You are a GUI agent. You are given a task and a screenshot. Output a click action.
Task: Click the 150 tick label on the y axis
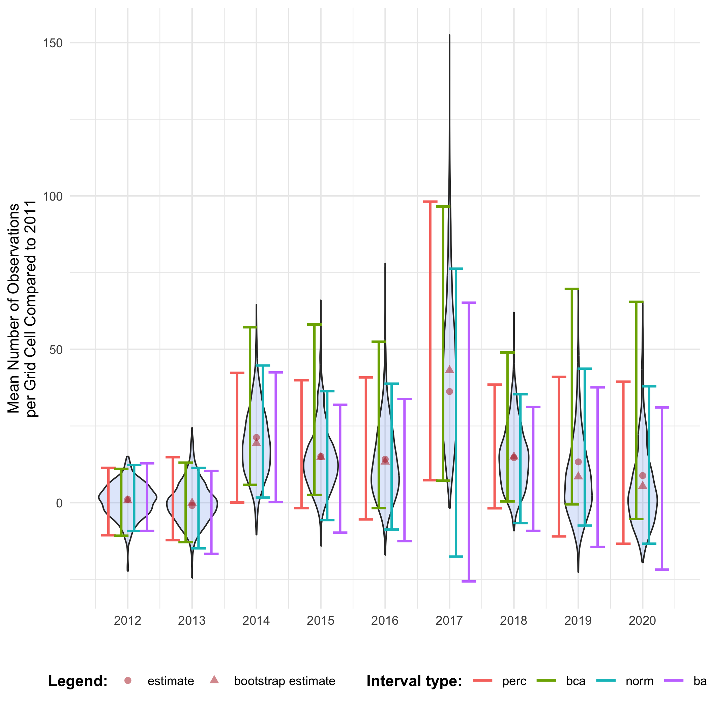click(x=53, y=43)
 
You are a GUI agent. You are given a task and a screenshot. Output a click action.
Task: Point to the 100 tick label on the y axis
click(x=53, y=197)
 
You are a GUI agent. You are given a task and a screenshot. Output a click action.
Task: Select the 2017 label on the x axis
click(x=449, y=621)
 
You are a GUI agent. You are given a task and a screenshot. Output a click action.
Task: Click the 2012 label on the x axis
click(x=127, y=621)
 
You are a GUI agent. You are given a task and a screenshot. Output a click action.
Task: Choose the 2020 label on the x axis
click(x=642, y=621)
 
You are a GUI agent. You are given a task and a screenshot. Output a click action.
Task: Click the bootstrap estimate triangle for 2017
click(x=450, y=370)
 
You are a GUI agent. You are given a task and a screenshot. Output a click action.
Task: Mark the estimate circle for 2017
click(x=450, y=391)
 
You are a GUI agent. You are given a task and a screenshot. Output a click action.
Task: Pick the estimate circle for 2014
click(x=257, y=438)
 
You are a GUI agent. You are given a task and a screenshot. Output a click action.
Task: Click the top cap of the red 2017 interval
click(x=430, y=202)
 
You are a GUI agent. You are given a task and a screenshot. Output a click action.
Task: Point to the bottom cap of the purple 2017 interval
click(x=469, y=581)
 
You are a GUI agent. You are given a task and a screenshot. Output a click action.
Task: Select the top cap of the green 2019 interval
click(x=572, y=289)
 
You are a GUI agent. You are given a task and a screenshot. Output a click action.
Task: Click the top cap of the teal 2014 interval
click(x=263, y=365)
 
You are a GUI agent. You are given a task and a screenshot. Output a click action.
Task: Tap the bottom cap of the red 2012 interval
click(x=109, y=535)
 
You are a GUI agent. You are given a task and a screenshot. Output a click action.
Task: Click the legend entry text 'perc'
click(x=514, y=681)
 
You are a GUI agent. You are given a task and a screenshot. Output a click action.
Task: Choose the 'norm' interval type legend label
click(x=640, y=681)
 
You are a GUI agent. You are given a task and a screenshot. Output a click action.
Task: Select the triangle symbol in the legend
click(x=214, y=680)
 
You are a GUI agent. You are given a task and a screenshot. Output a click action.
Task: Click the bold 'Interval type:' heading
click(x=414, y=681)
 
